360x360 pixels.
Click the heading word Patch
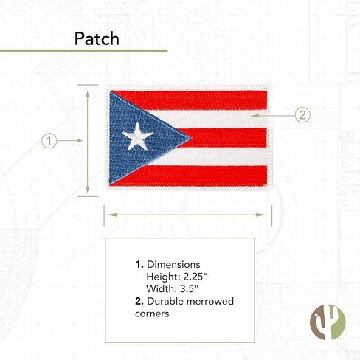(97, 38)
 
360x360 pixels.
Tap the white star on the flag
(137, 136)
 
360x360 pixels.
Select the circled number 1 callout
(49, 141)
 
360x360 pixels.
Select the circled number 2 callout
(302, 115)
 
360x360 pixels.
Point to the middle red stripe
(223, 138)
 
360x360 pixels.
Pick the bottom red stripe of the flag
(192, 176)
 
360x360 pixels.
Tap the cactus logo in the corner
(328, 322)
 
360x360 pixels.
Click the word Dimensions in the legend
(173, 265)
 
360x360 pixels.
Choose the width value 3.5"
(189, 288)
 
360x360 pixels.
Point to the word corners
(152, 314)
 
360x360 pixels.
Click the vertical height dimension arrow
(88, 142)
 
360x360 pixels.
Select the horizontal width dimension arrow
(187, 215)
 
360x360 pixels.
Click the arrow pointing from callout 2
(273, 115)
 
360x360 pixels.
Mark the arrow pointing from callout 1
(70, 141)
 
